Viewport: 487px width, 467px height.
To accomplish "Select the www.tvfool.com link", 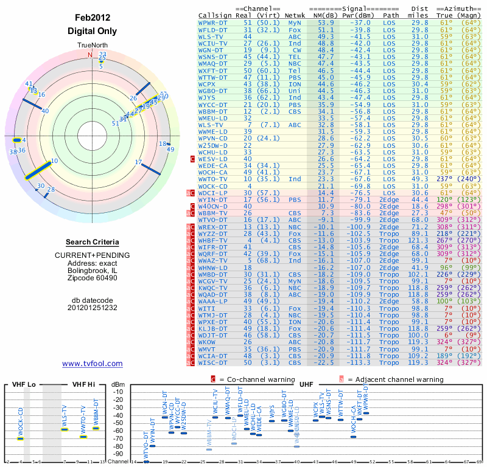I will click(x=93, y=364).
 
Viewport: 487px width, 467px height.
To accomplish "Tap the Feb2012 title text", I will click(x=93, y=18).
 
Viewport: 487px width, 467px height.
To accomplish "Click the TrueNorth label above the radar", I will click(x=93, y=46).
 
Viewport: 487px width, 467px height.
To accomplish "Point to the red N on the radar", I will click(x=90, y=55).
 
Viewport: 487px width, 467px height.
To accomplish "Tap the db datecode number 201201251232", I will click(x=93, y=307).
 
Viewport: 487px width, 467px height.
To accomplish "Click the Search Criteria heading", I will click(x=93, y=242).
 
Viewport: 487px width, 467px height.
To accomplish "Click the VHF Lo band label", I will click(x=25, y=384).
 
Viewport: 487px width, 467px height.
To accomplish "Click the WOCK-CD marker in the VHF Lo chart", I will click(x=20, y=438).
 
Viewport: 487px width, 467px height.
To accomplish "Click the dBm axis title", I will click(x=117, y=384).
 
